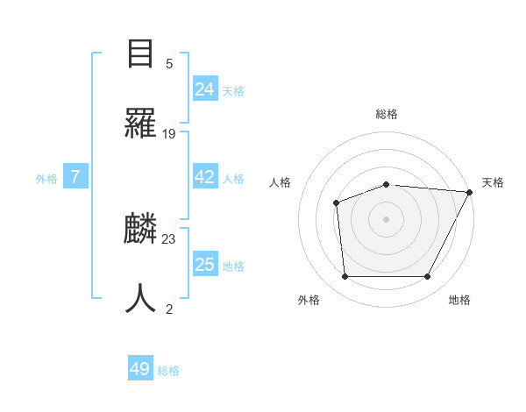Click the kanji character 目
pos(141,54)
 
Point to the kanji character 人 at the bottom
pos(141,299)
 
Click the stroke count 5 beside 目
pos(168,64)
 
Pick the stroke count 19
pos(169,133)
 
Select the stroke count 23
pos(169,238)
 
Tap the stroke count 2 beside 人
pos(168,308)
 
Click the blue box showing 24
pos(204,89)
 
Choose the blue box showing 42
pos(204,177)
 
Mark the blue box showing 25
pos(204,265)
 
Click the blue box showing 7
pos(75,177)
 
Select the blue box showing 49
pos(140,369)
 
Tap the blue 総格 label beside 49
pos(169,371)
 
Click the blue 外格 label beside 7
pos(46,179)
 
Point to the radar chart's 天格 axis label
pos(493,182)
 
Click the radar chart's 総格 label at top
pos(387,114)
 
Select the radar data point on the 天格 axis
pos(470,192)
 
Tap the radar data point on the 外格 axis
pos(345,277)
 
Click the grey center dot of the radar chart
pos(386,219)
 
